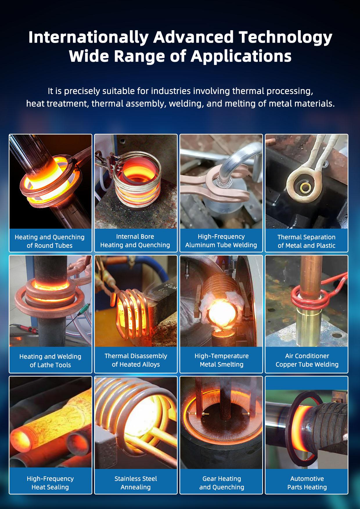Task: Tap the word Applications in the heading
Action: coord(241,56)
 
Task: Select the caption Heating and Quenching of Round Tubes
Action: coord(50,241)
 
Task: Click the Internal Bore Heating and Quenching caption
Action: coord(135,241)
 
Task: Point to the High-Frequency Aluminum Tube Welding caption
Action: coord(221,241)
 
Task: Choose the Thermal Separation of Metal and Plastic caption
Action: coord(306,241)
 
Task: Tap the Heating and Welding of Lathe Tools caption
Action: coord(50,360)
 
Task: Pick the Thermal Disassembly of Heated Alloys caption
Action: coord(136,360)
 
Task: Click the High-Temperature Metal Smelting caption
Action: coord(222,360)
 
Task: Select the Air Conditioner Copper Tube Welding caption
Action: coord(307,360)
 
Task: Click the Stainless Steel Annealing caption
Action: coord(136,483)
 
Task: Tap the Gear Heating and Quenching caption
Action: coord(222,483)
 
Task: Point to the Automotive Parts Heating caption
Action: coord(307,483)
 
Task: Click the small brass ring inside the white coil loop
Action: coord(305,188)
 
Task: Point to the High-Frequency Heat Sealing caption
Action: coord(50,483)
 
